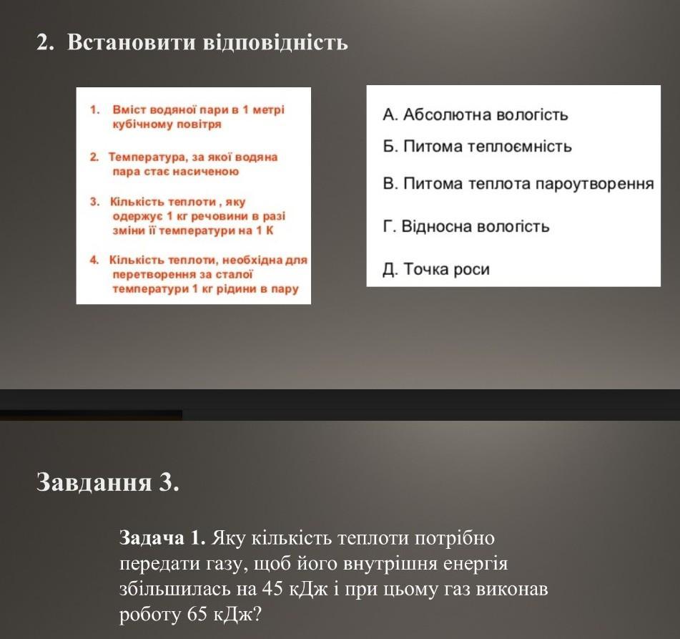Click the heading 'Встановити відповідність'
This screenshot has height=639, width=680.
[207, 43]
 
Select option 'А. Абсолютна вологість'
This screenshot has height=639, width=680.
[475, 114]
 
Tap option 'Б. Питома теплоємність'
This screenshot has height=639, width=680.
[477, 147]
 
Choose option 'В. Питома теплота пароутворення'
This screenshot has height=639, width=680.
[518, 184]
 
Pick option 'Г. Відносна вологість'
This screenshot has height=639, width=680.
[465, 227]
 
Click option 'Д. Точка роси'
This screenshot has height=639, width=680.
[436, 270]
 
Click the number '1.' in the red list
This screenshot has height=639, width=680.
[94, 110]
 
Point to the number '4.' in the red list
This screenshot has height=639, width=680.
[94, 260]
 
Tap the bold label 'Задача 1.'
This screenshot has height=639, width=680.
[163, 537]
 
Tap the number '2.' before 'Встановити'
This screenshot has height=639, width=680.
[46, 43]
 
